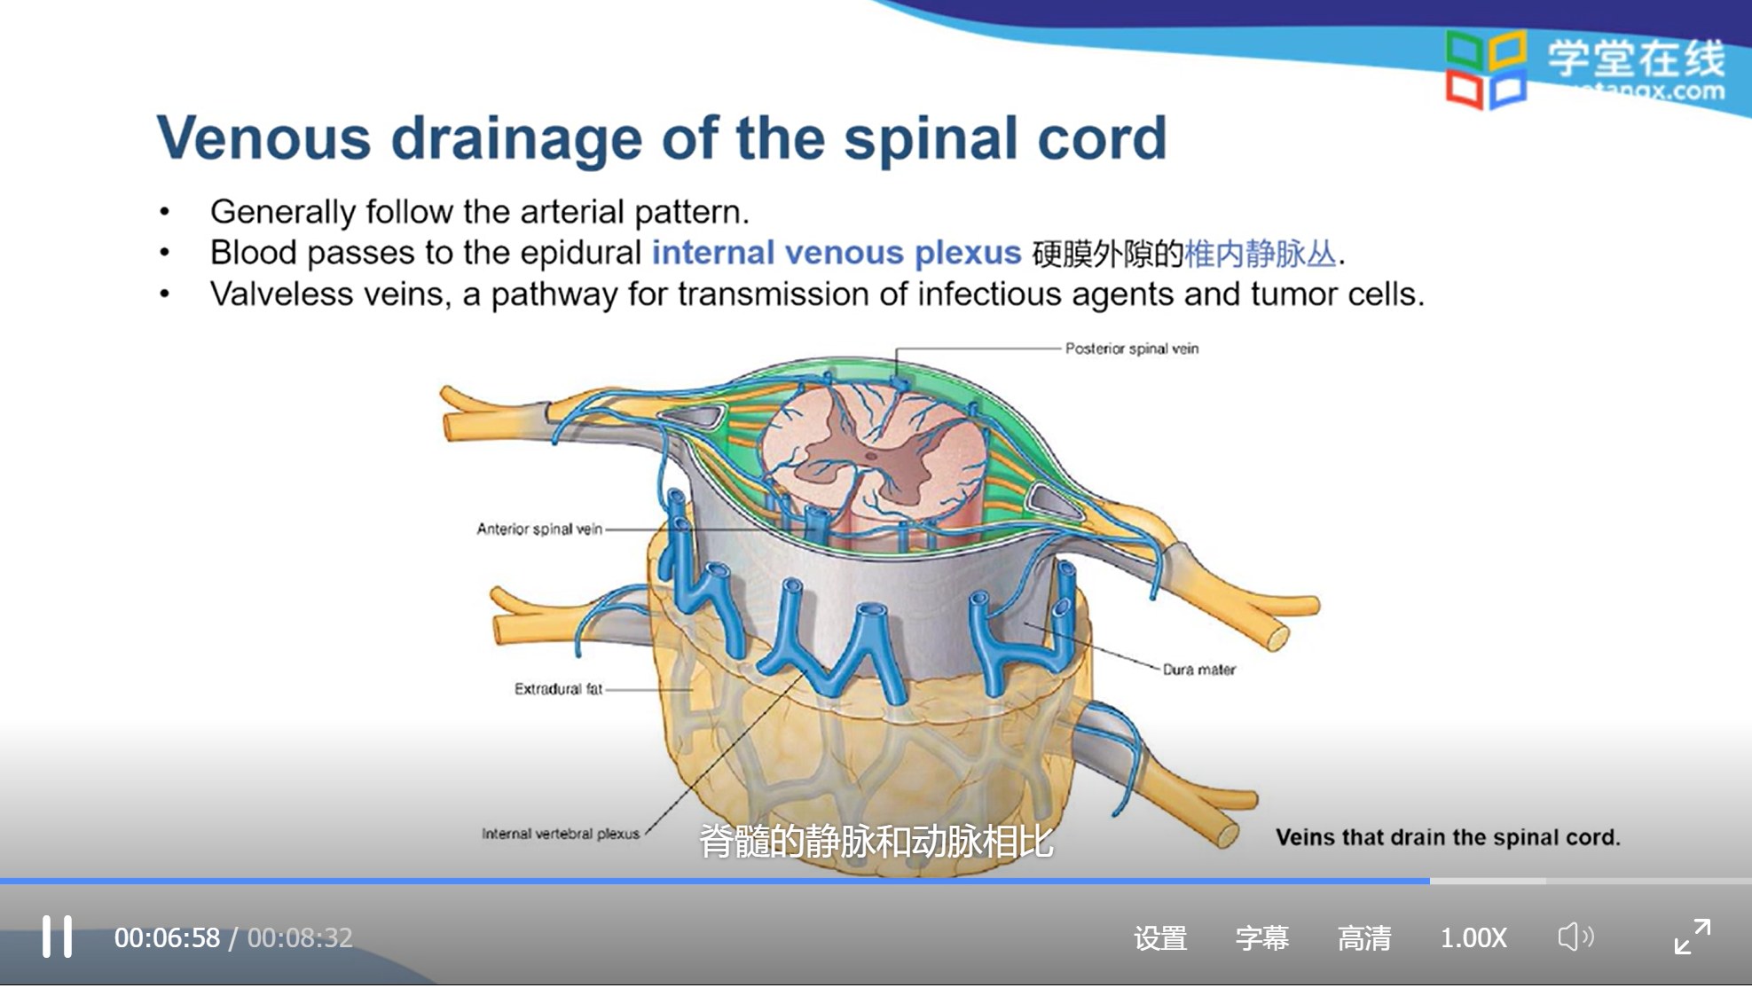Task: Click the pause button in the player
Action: [57, 937]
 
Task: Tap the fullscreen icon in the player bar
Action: [1692, 937]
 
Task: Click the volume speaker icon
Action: [1575, 937]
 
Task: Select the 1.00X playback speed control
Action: [1473, 937]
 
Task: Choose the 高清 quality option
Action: [1363, 937]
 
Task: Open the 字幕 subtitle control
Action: [1261, 937]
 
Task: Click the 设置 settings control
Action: [1159, 937]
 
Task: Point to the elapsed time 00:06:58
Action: [167, 937]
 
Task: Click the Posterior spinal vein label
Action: [1131, 349]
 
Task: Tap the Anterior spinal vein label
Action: [539, 529]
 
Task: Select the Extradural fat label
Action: [558, 688]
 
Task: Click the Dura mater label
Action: [1198, 670]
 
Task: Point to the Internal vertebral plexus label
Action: [560, 834]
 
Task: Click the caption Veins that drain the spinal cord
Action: [1447, 837]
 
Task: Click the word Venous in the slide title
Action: [263, 138]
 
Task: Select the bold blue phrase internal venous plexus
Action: [836, 253]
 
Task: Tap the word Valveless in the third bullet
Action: [271, 294]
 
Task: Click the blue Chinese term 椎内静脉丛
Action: [1260, 254]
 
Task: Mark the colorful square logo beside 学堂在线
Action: [1486, 69]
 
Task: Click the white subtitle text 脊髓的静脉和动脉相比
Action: [876, 841]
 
